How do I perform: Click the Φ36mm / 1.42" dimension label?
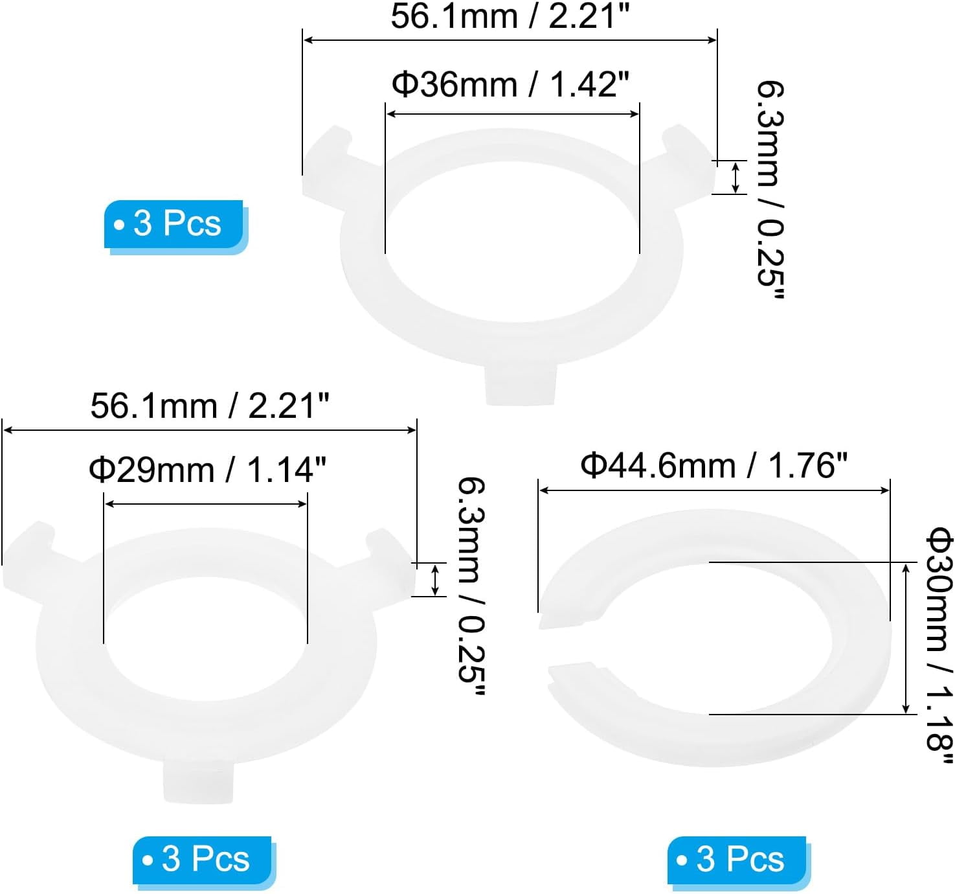pyautogui.click(x=510, y=85)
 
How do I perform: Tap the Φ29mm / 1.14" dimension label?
pyautogui.click(x=207, y=470)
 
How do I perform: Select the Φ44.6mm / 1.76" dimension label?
pyautogui.click(x=713, y=465)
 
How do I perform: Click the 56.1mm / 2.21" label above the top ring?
pyautogui.click(x=510, y=16)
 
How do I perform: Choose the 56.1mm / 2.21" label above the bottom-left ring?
pyautogui.click(x=210, y=407)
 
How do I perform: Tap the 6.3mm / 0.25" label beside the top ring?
pyautogui.click(x=770, y=190)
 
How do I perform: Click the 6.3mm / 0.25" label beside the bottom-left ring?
pyautogui.click(x=471, y=587)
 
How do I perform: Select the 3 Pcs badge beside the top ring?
pyautogui.click(x=175, y=223)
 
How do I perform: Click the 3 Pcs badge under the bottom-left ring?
pyautogui.click(x=203, y=860)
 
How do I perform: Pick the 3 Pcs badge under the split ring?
pyautogui.click(x=738, y=860)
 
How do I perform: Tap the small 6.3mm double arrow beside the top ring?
pyautogui.click(x=736, y=178)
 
